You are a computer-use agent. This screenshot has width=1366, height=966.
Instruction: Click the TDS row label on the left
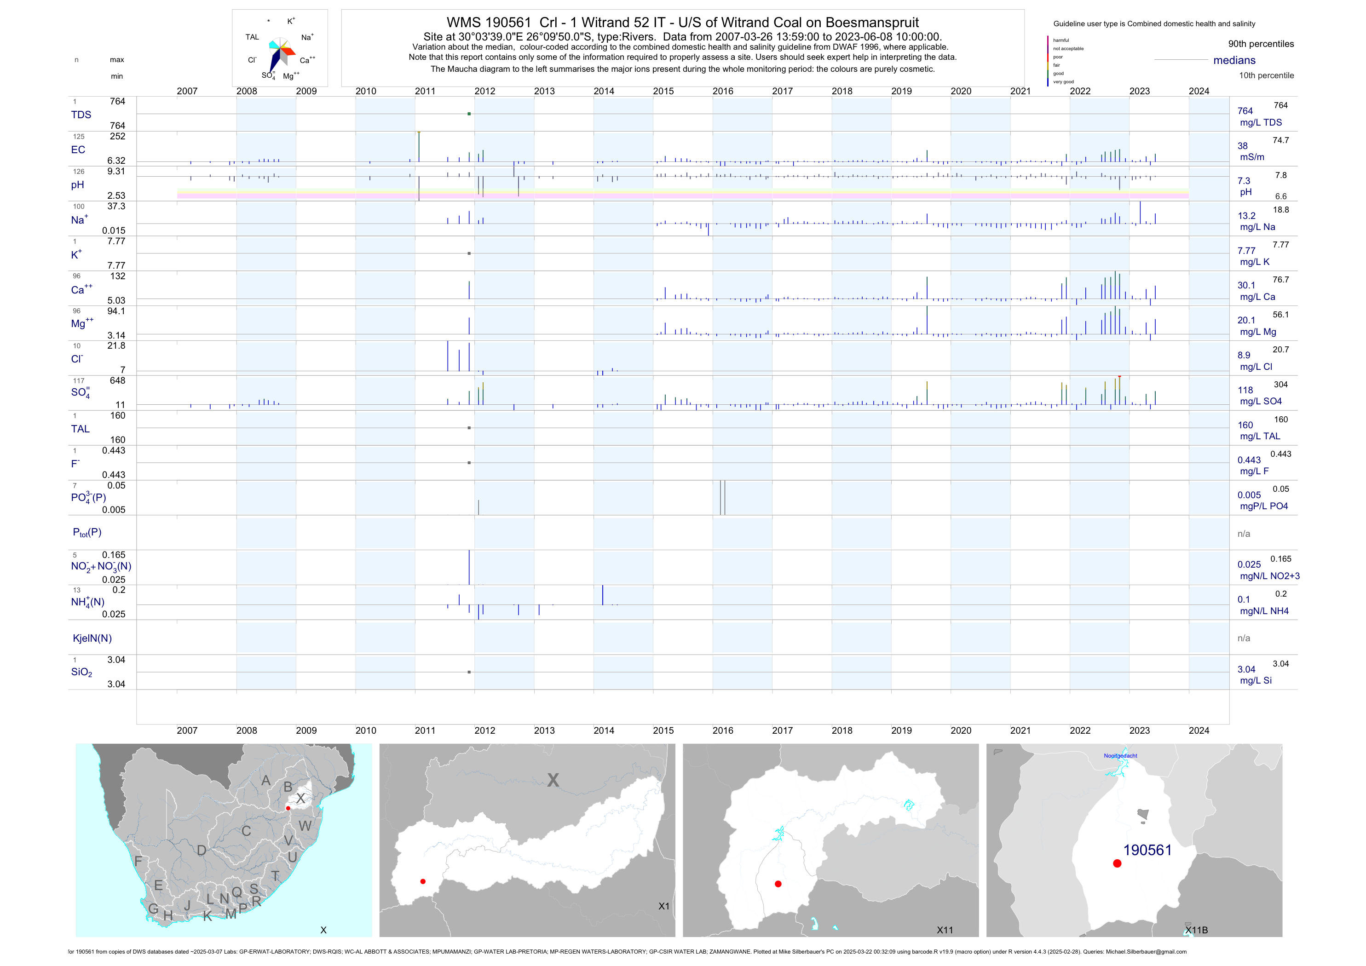tap(81, 115)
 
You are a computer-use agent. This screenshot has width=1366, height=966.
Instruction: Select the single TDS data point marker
tap(469, 114)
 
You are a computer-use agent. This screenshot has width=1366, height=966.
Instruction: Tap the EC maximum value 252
tap(117, 136)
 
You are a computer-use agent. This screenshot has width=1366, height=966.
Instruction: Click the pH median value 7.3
tap(1244, 181)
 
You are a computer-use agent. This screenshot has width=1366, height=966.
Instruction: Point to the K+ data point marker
tap(469, 253)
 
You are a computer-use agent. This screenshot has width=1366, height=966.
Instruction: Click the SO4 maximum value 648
tap(117, 381)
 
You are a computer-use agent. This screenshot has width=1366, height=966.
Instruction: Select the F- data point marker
tap(469, 463)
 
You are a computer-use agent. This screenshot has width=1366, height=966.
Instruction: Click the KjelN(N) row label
tap(92, 638)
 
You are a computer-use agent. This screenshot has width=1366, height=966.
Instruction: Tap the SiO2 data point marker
tap(469, 672)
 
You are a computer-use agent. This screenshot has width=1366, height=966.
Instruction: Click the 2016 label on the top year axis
tap(723, 91)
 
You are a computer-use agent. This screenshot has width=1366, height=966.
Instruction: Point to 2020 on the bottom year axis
tap(961, 730)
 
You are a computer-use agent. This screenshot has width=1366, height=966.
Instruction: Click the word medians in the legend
tap(1234, 60)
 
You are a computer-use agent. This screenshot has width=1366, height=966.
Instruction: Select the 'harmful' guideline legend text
tap(1061, 40)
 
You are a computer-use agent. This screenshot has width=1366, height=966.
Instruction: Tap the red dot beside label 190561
tap(1117, 863)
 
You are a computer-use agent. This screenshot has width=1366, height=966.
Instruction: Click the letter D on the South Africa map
tap(202, 851)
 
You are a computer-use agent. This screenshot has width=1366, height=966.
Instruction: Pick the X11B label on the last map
tap(1196, 930)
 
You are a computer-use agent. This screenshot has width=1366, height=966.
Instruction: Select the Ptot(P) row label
tap(87, 532)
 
